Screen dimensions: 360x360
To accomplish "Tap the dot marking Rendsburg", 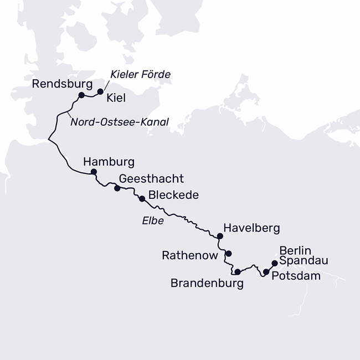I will click(81, 95).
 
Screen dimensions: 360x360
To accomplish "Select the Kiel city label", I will click(116, 98).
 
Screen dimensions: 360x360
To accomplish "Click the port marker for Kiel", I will click(100, 91).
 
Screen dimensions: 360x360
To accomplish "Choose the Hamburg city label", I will click(108, 162).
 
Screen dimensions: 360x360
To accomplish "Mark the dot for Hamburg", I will click(94, 172).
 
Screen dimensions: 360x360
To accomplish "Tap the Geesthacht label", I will click(151, 179).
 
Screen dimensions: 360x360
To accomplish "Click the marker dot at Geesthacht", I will click(117, 188).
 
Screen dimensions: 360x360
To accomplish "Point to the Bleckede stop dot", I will click(142, 198).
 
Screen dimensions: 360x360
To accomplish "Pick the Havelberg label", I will click(251, 228).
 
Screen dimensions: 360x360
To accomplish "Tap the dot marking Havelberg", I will click(220, 236).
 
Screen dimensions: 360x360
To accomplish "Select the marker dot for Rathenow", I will click(228, 254).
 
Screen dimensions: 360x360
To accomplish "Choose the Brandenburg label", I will click(207, 284).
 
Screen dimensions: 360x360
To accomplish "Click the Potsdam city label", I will click(297, 275).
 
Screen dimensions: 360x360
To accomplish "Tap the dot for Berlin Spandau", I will click(275, 263).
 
